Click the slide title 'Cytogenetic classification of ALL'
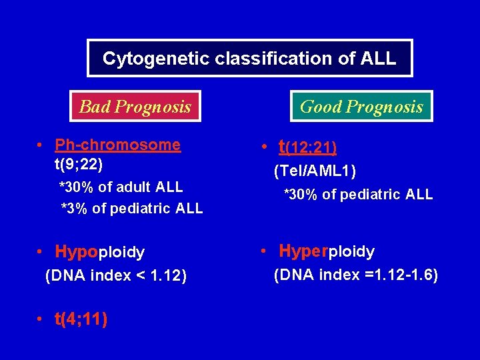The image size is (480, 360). tap(249, 58)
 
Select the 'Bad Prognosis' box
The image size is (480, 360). tap(135, 106)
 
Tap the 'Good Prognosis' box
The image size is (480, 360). tap(361, 106)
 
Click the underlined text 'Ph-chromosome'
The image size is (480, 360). tap(117, 145)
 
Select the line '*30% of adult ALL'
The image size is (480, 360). tap(121, 187)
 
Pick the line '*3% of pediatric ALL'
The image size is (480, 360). tap(131, 209)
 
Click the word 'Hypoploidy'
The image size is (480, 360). tap(99, 252)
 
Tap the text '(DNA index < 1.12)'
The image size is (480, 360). tap(115, 275)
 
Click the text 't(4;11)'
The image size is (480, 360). tap(81, 319)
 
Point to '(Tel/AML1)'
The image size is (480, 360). tap(315, 171)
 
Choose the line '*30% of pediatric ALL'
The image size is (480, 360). tap(358, 195)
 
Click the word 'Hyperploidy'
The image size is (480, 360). tap(327, 251)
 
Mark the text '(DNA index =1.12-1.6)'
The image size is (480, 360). tap(356, 275)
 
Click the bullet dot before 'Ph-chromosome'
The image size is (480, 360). tap(41, 145)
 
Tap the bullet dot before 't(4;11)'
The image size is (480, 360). tap(41, 320)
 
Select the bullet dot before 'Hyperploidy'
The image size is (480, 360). tap(265, 252)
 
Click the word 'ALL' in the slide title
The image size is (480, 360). tap(377, 58)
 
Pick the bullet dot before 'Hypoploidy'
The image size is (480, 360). tap(41, 253)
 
